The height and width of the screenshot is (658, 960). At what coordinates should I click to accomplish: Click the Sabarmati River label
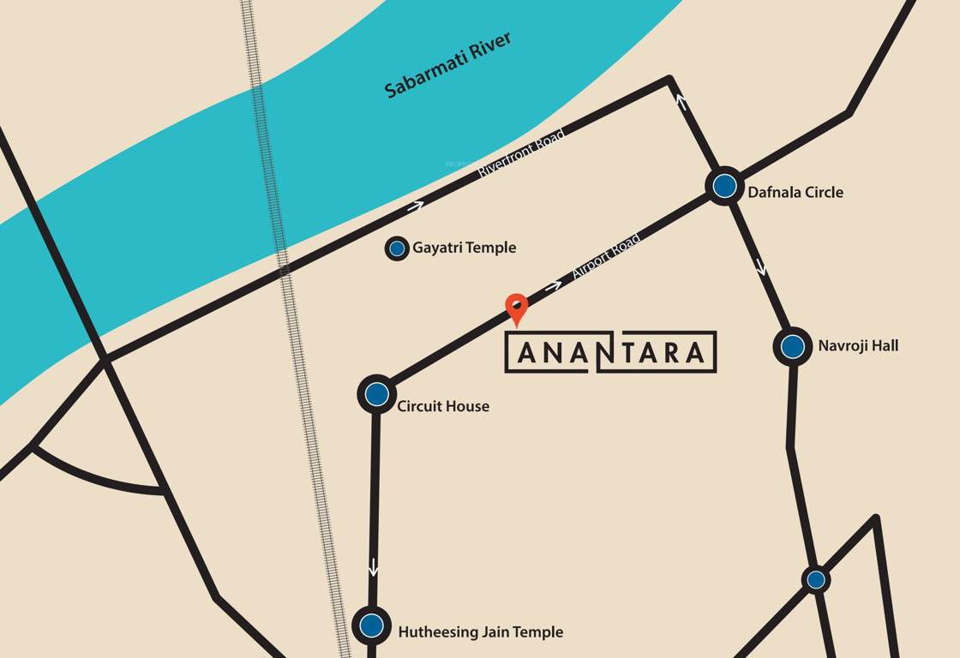click(447, 65)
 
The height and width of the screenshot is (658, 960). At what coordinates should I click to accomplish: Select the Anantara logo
click(610, 352)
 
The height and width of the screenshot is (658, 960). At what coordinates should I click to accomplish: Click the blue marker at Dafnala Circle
click(724, 186)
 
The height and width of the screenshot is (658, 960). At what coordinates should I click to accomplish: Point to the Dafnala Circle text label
click(795, 192)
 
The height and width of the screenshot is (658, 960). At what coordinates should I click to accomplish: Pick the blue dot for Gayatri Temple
click(397, 249)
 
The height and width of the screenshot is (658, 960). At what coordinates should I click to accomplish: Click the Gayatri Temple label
click(465, 248)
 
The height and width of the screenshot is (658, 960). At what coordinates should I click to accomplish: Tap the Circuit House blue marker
click(376, 394)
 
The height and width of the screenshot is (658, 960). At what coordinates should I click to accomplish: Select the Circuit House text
click(443, 406)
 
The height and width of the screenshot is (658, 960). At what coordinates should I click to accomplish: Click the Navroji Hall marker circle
click(793, 347)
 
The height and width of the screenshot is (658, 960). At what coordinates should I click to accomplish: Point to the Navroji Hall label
click(858, 346)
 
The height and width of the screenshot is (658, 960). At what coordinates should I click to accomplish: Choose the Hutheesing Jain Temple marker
click(371, 625)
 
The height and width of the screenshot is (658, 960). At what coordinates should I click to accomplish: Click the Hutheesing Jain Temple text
click(481, 632)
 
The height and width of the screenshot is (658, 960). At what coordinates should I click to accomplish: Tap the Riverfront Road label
click(521, 153)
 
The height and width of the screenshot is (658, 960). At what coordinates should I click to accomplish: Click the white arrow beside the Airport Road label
click(554, 285)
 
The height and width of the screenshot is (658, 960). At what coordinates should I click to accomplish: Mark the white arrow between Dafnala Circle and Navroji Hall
click(760, 266)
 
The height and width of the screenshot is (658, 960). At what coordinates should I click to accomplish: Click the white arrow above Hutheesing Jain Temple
click(373, 566)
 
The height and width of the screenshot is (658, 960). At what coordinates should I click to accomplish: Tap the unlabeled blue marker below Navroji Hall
click(816, 580)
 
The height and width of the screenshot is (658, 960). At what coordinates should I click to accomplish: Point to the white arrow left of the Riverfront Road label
click(416, 206)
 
